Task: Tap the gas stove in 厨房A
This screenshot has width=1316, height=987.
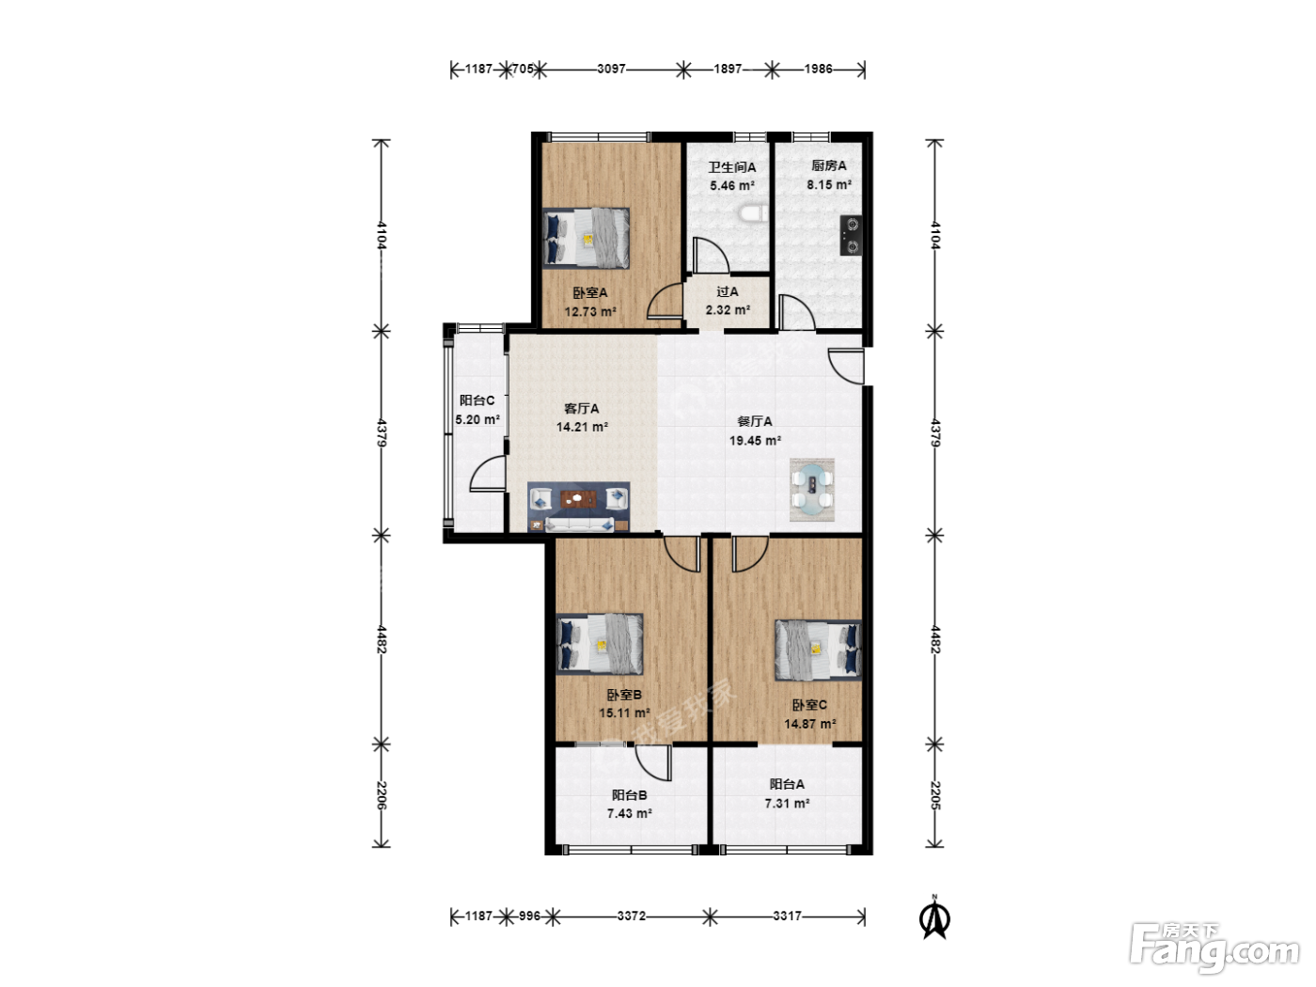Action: (851, 235)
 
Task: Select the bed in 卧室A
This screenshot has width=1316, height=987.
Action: (587, 238)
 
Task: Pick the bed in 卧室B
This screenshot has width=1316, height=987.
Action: (600, 644)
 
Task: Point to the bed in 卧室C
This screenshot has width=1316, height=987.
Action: (818, 650)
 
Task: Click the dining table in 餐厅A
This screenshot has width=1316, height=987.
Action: (812, 490)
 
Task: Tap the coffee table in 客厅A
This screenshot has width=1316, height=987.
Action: (578, 498)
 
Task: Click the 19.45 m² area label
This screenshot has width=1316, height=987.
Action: (755, 441)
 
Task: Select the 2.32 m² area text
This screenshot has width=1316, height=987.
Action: (728, 310)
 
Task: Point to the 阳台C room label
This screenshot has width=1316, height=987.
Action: (478, 400)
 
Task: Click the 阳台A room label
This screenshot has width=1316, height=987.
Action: (787, 784)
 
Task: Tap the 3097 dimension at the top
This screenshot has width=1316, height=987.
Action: (612, 69)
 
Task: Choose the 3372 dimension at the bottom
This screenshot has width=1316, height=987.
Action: (632, 916)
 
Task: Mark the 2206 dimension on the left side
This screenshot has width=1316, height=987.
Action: (382, 795)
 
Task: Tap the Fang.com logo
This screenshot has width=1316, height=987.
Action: (1214, 948)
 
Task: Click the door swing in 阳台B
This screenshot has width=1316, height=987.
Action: (653, 762)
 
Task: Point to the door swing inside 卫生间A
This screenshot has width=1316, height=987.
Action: (711, 255)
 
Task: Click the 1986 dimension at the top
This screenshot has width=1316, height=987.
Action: (819, 69)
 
